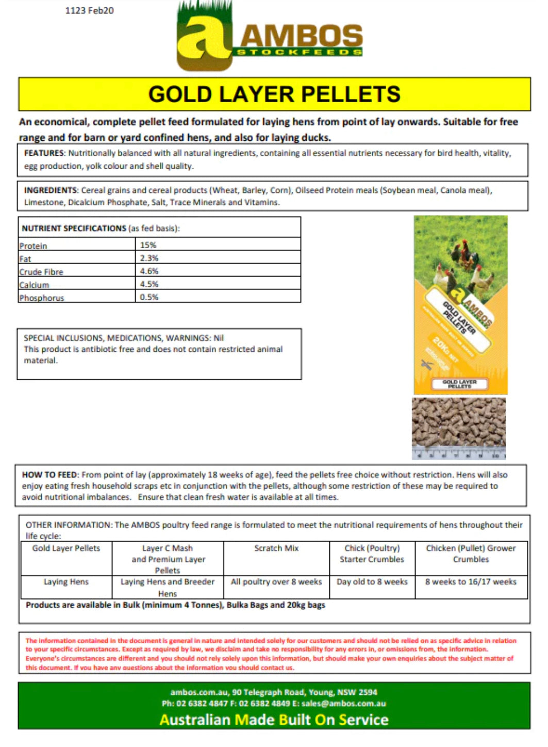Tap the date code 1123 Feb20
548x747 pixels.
click(89, 10)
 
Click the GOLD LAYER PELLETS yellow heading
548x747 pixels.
click(274, 94)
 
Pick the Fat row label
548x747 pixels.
click(25, 259)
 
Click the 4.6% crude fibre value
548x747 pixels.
click(150, 271)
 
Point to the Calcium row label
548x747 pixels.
click(34, 285)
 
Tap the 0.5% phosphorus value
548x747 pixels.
click(150, 297)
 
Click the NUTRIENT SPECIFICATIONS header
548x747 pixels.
click(74, 228)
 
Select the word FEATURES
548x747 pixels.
click(44, 153)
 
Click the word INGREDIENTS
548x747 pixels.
click(50, 190)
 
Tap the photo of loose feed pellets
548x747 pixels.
click(459, 428)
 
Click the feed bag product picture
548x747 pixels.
click(460, 305)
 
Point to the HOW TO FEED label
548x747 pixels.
click(49, 475)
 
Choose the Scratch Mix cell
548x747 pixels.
click(276, 548)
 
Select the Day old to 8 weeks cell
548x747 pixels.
click(372, 582)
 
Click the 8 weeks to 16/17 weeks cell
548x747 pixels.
click(471, 582)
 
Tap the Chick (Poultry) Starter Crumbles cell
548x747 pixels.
click(372, 554)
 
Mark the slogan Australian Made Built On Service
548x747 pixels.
click(274, 720)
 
